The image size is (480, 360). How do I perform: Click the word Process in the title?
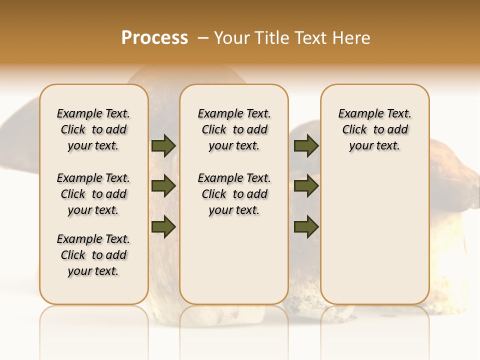154,38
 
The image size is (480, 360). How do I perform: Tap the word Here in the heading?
351,38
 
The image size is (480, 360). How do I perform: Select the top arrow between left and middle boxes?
163,145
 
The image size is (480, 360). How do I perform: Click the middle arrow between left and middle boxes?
163,186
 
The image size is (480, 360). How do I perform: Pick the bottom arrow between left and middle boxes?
163,226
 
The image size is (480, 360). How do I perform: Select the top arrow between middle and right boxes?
306,145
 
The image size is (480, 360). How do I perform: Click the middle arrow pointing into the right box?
306,186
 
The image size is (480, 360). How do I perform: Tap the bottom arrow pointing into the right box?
306,226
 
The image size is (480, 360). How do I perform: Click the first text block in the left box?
93,129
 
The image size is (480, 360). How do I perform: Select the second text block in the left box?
93,194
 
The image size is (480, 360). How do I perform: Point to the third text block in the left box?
93,255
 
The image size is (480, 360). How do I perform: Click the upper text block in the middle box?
234,129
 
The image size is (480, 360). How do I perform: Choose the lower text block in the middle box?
234,194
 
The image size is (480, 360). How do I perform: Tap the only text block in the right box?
374,129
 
